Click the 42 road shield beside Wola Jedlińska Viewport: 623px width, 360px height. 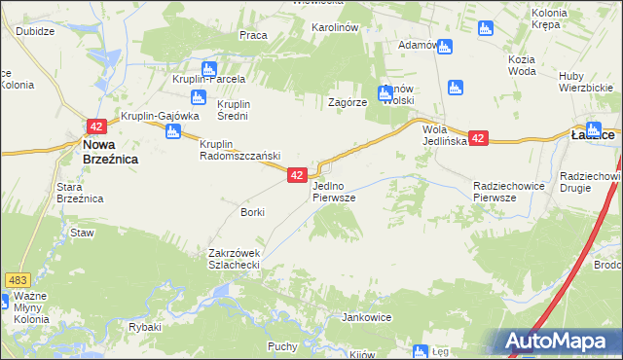pos(477,139)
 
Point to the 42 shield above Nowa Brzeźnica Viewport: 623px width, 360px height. pos(95,126)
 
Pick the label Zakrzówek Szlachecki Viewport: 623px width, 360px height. pos(234,259)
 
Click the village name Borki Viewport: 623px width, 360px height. pos(252,211)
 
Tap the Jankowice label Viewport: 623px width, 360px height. pos(365,317)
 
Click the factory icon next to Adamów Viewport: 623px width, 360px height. pos(444,46)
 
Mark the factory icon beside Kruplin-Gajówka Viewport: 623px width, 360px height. pos(173,130)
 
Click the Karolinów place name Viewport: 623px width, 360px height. pos(335,27)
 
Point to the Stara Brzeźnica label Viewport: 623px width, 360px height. pos(80,192)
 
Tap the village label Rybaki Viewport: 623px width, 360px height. pos(144,327)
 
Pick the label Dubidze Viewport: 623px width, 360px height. pos(35,30)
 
